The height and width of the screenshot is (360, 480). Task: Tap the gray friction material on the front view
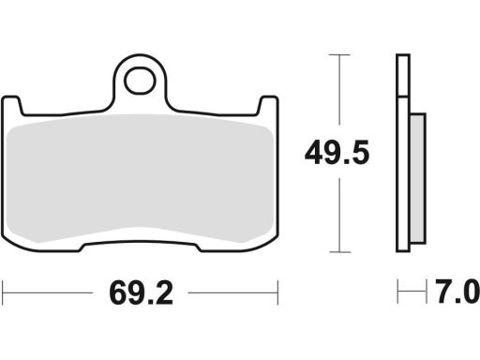[141, 178]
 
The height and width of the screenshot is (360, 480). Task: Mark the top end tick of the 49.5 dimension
[337, 55]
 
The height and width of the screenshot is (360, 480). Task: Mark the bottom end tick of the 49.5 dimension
[337, 253]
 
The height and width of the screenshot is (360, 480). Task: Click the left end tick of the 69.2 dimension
[3, 292]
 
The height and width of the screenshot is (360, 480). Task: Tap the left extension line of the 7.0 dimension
[397, 292]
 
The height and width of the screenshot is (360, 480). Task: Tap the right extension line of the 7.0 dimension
[426, 292]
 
